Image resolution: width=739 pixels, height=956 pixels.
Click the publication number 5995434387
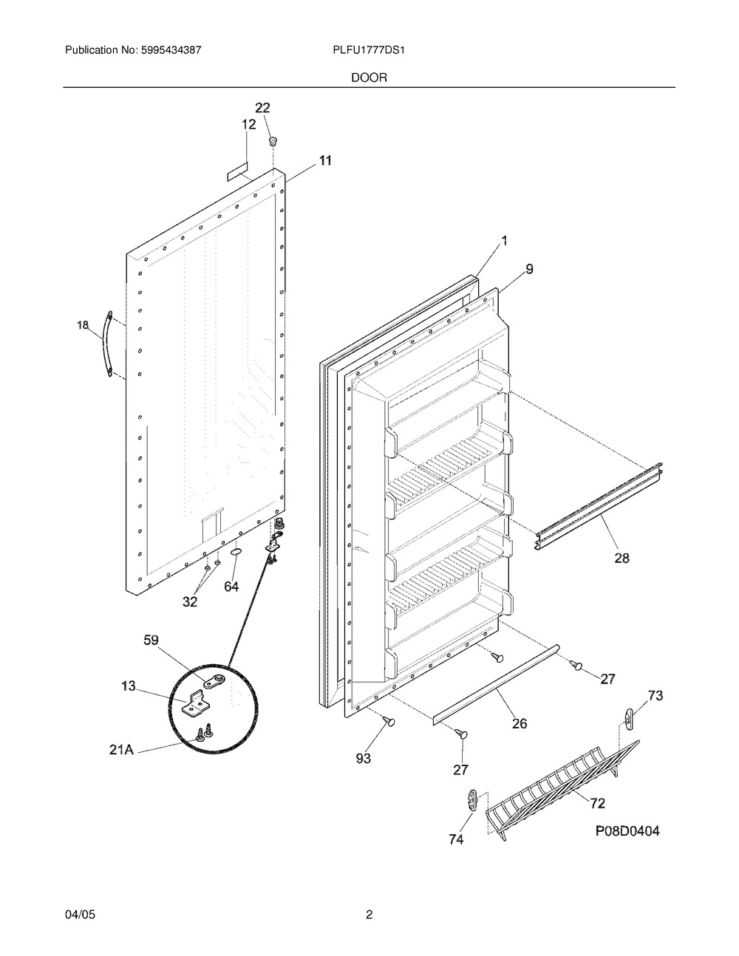pos(171,50)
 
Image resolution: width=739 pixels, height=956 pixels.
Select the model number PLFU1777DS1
pos(369,50)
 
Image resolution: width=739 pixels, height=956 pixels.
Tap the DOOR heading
pos(369,78)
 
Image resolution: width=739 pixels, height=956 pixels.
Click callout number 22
pos(262,108)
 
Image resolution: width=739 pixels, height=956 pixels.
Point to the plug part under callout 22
pos(273,141)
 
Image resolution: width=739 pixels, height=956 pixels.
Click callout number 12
pos(248,125)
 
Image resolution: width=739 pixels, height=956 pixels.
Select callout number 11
pos(325,160)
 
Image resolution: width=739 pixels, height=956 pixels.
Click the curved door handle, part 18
pos(108,344)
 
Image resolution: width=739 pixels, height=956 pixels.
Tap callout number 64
pos(231,587)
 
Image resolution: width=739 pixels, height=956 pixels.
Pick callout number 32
pos(190,601)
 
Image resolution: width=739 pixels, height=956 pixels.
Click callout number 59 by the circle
pos(151,640)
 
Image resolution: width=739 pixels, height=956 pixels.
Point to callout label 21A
pos(121,749)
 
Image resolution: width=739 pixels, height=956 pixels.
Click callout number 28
pos(621,558)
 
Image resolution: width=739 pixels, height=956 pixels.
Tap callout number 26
pos(520,723)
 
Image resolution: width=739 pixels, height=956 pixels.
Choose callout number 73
pos(655,695)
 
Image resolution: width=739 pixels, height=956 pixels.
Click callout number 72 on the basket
pos(597,803)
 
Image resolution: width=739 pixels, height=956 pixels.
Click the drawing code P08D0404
pos(627,831)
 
